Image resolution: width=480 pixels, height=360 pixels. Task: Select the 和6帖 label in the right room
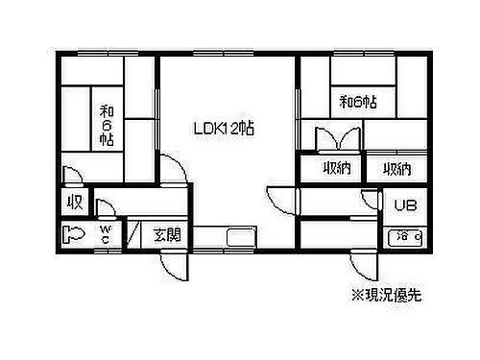pos(357,99)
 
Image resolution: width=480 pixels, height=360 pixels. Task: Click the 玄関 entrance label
pos(168,233)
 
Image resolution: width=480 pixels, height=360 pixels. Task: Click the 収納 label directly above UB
pos(397,170)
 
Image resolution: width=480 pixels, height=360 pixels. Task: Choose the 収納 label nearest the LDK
pos(335,170)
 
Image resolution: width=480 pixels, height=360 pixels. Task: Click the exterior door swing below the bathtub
pos(363,264)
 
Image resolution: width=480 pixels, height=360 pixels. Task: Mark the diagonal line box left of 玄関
pos(133,233)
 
